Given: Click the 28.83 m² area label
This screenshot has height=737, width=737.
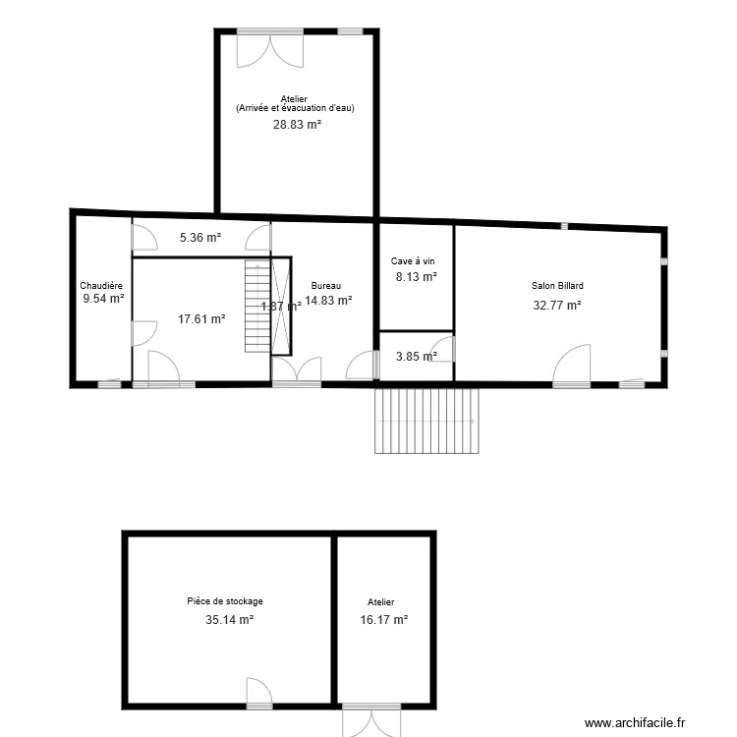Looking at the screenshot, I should (x=297, y=125).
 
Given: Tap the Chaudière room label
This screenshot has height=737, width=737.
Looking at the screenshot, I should (x=101, y=286).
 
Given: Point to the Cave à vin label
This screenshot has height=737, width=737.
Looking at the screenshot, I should (x=413, y=261).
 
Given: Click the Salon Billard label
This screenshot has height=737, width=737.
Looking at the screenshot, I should (x=557, y=286).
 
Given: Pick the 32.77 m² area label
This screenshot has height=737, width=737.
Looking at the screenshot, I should (x=557, y=305).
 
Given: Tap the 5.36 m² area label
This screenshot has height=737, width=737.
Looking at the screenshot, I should (x=199, y=237).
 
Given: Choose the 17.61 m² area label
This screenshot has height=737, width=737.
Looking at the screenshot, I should (x=201, y=318).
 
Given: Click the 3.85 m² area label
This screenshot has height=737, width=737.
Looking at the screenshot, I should (x=415, y=357).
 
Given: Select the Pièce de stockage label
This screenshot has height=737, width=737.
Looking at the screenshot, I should (x=225, y=601).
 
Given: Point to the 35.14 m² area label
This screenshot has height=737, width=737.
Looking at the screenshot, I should (x=229, y=620).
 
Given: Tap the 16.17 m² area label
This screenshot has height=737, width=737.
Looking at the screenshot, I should (x=383, y=620).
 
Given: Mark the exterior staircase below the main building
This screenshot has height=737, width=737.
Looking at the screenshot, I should (x=426, y=421).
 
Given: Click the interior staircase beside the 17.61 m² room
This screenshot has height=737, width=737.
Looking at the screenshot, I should (x=257, y=305).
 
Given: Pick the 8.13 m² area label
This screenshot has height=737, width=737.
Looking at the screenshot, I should (x=416, y=277).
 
